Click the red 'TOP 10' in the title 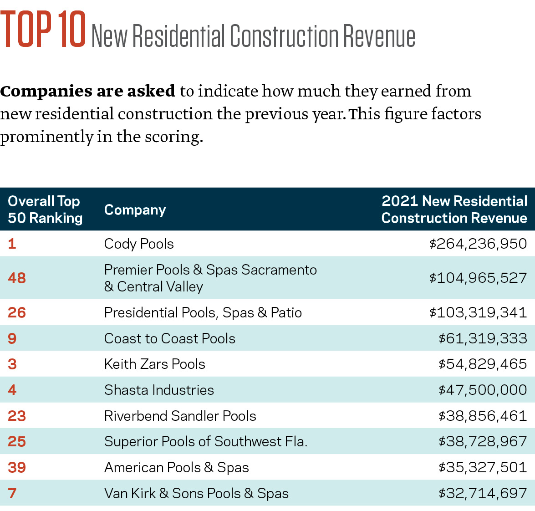coord(43,30)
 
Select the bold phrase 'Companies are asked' coord(87,91)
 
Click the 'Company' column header coord(135,210)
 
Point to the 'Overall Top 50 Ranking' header coord(45,210)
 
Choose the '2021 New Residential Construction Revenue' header coord(454,210)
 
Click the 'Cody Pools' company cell coord(139,244)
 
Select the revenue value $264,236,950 coord(478,244)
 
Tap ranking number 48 coord(17,278)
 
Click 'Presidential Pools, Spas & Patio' coord(203,312)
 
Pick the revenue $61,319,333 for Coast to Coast coord(483,338)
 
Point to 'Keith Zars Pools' coord(154,364)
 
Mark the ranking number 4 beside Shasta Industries coord(12,390)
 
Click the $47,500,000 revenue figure coord(483,390)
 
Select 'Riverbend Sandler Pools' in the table coord(180,416)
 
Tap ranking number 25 coord(17,441)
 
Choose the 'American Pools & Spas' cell coord(176,467)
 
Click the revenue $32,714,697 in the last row coord(483,493)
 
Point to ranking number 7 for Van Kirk coord(12,493)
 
